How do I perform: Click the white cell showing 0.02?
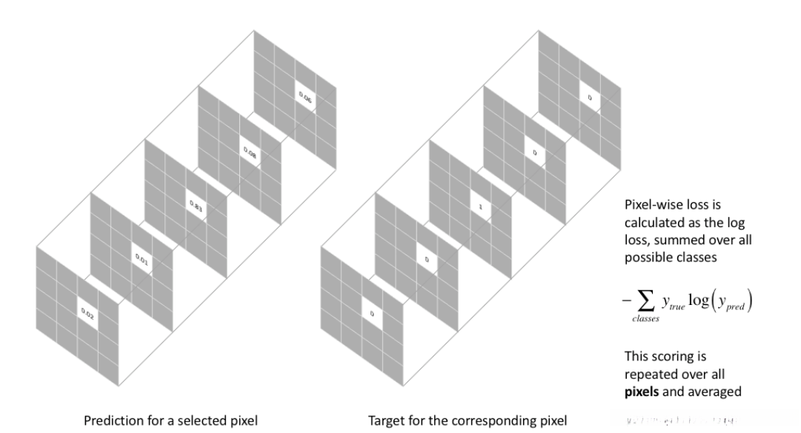click(x=87, y=315)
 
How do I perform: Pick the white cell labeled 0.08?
click(x=250, y=151)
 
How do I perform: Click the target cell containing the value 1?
click(x=480, y=207)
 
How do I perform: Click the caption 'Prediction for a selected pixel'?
click(x=170, y=421)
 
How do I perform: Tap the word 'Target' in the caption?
click(x=386, y=421)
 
